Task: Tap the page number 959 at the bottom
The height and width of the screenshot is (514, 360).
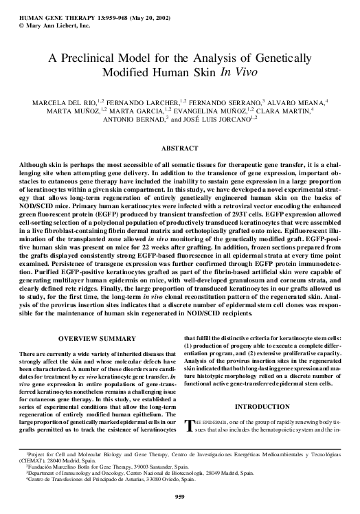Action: (x=179, y=497)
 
